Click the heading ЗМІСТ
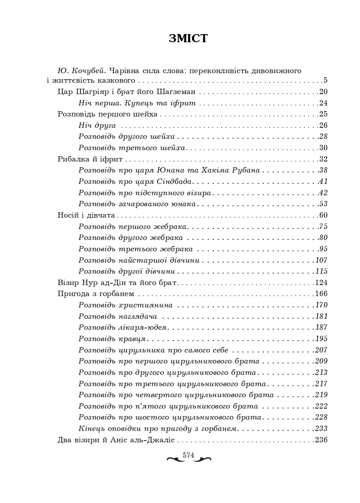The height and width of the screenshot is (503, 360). [188, 38]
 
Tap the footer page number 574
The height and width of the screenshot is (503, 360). [188, 455]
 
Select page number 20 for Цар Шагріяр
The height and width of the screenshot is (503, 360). [323, 92]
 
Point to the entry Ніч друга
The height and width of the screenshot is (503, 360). [97, 125]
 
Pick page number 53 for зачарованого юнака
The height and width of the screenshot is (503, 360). [323, 204]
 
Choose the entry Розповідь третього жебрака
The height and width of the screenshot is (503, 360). [135, 249]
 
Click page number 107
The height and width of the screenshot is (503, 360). [321, 260]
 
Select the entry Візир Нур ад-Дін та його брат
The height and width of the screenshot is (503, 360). [117, 283]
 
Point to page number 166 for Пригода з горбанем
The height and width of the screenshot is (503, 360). [321, 294]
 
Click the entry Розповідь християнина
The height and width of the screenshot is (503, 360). [126, 305]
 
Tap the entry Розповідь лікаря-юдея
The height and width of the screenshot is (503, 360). [122, 328]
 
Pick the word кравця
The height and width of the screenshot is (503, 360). [132, 339]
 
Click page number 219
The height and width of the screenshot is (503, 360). [321, 395]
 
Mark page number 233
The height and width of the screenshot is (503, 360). [321, 429]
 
